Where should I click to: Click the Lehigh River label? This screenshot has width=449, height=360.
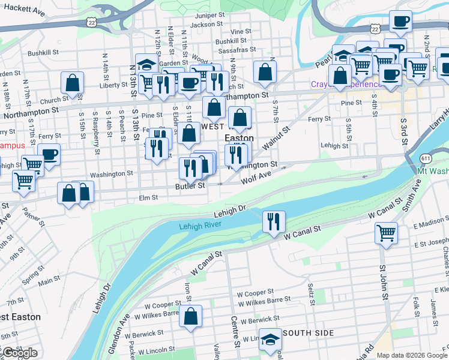(x=200, y=225)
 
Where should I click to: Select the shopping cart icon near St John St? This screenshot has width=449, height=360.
(x=385, y=233)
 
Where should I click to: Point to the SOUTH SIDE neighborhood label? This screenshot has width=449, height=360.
(x=308, y=333)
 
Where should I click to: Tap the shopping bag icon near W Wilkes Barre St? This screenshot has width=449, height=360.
(x=191, y=317)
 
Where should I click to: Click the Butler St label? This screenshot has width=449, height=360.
(x=190, y=186)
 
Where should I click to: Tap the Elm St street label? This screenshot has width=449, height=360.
(x=148, y=197)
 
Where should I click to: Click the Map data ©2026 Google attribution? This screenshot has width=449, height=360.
(x=412, y=355)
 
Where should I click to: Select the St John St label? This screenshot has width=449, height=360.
(x=382, y=280)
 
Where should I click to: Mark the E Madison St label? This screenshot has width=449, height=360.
(x=431, y=225)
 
